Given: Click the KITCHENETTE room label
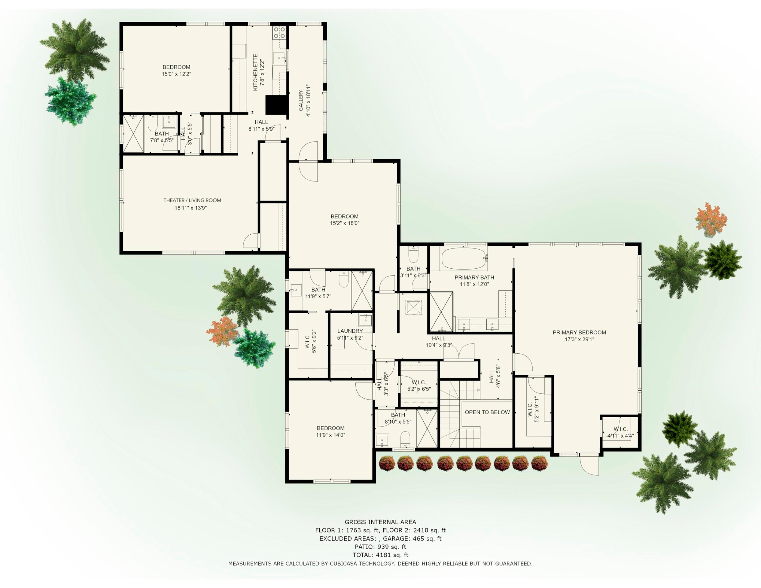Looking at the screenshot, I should click(255, 72).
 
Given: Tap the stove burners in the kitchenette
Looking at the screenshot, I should click(279, 33).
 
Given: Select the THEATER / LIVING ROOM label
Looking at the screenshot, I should click(192, 200).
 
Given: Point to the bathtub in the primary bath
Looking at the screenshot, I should click(463, 258).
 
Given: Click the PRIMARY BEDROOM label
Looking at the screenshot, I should click(579, 332).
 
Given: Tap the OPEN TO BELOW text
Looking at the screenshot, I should click(487, 412).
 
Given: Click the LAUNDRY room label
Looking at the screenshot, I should click(350, 331).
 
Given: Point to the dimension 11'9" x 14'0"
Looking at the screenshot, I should click(330, 435).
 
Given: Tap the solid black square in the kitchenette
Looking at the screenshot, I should click(276, 105).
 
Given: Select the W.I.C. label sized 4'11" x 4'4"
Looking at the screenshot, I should click(621, 429).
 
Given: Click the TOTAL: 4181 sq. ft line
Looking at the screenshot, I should click(380, 555).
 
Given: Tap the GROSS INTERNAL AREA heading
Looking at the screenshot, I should click(380, 522).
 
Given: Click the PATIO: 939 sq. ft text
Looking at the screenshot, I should click(380, 547).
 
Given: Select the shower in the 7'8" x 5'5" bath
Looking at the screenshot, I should click(133, 134).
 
